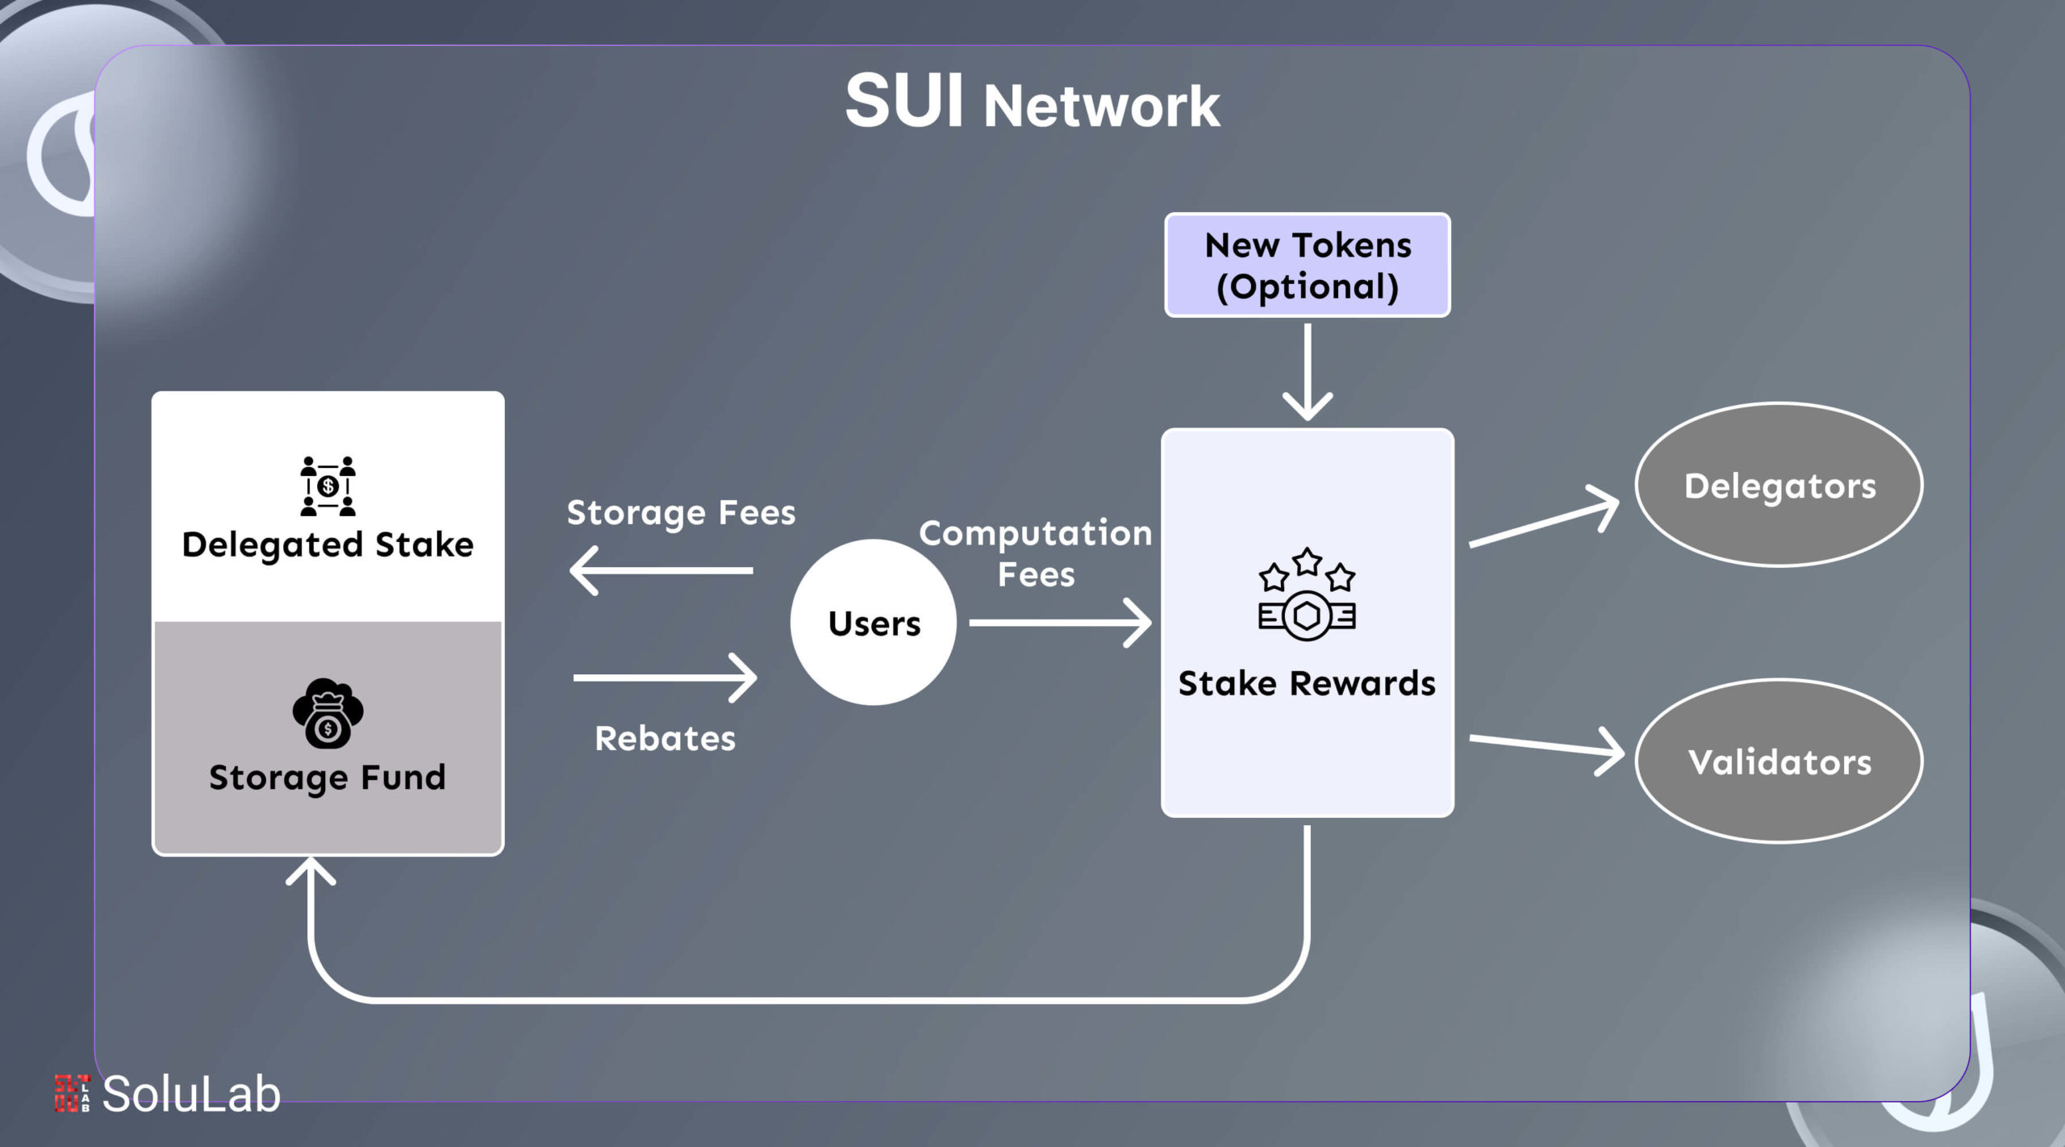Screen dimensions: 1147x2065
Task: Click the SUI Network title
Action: (x=1032, y=103)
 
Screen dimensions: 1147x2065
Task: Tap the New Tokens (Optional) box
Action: (x=1307, y=265)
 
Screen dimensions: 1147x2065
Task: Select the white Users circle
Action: (x=874, y=623)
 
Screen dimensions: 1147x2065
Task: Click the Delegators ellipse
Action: (x=1779, y=486)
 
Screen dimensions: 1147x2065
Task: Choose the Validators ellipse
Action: (x=1779, y=761)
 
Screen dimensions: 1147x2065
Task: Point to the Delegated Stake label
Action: (x=327, y=545)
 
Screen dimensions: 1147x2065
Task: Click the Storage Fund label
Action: (x=327, y=778)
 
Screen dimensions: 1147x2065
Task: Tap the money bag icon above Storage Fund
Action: (x=327, y=713)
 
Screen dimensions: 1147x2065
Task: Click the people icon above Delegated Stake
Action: (x=327, y=486)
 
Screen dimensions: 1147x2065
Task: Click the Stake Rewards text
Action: (x=1307, y=683)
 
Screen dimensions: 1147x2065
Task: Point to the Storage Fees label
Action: (x=681, y=513)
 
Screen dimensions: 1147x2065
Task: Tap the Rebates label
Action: (x=665, y=739)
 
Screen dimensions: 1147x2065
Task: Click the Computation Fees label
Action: (x=1036, y=553)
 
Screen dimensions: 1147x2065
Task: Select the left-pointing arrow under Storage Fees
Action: (x=661, y=570)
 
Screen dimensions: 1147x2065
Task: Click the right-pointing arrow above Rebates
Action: (x=665, y=678)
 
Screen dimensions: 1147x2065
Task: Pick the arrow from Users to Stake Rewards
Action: (x=1060, y=623)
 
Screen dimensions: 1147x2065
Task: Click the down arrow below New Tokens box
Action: (x=1307, y=371)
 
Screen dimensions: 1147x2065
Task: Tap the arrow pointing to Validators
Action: (x=1546, y=746)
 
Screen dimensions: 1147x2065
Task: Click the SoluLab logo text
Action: (x=191, y=1095)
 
